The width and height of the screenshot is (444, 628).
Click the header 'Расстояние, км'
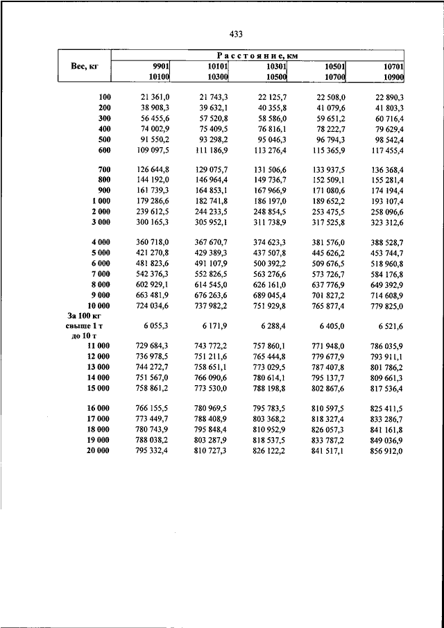click(x=257, y=55)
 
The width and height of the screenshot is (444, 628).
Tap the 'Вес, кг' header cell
click(x=83, y=66)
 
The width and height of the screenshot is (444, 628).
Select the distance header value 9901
click(x=162, y=65)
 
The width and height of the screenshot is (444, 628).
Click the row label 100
click(x=105, y=96)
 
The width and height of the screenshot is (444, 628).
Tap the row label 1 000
click(x=101, y=200)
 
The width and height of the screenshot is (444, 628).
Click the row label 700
click(x=105, y=169)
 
